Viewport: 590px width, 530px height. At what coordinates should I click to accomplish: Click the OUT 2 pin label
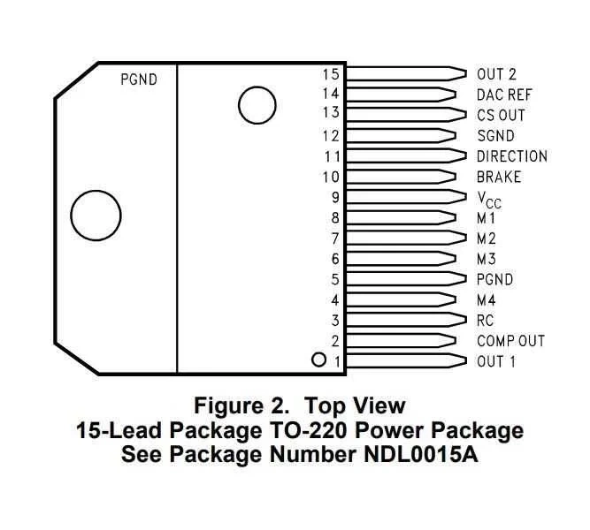[x=496, y=74]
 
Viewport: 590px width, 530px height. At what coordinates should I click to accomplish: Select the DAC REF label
[x=504, y=95]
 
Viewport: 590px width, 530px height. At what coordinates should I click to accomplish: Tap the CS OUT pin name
[x=501, y=115]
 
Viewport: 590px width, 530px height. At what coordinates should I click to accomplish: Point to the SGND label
[x=495, y=136]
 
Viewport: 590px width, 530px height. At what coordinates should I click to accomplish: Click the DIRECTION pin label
[x=512, y=156]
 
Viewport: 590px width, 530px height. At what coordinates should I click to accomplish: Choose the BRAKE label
[x=499, y=177]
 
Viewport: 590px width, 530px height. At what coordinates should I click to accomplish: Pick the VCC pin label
[x=489, y=200]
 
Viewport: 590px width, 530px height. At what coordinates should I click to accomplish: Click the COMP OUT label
[x=510, y=341]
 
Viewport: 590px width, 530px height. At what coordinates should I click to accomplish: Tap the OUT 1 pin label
[x=496, y=361]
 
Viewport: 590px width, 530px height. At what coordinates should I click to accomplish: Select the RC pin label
[x=485, y=321]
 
